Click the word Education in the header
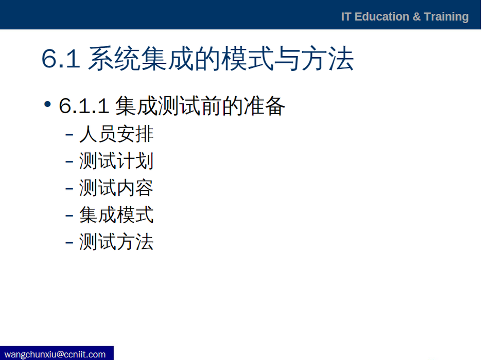coord(382,16)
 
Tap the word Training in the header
coord(446,17)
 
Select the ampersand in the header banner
coord(416,17)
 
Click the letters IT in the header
coord(346,16)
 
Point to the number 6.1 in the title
coord(61,58)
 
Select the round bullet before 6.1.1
coord(47,104)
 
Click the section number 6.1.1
coord(84,106)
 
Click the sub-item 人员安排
coord(116,134)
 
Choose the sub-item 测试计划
coord(116,161)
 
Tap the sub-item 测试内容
coord(116,188)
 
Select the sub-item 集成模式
coord(116,215)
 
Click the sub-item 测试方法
coord(116,242)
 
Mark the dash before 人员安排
coord(69,135)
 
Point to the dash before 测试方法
coord(69,243)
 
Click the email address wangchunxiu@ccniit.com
coord(55,354)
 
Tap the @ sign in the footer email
coord(60,355)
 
